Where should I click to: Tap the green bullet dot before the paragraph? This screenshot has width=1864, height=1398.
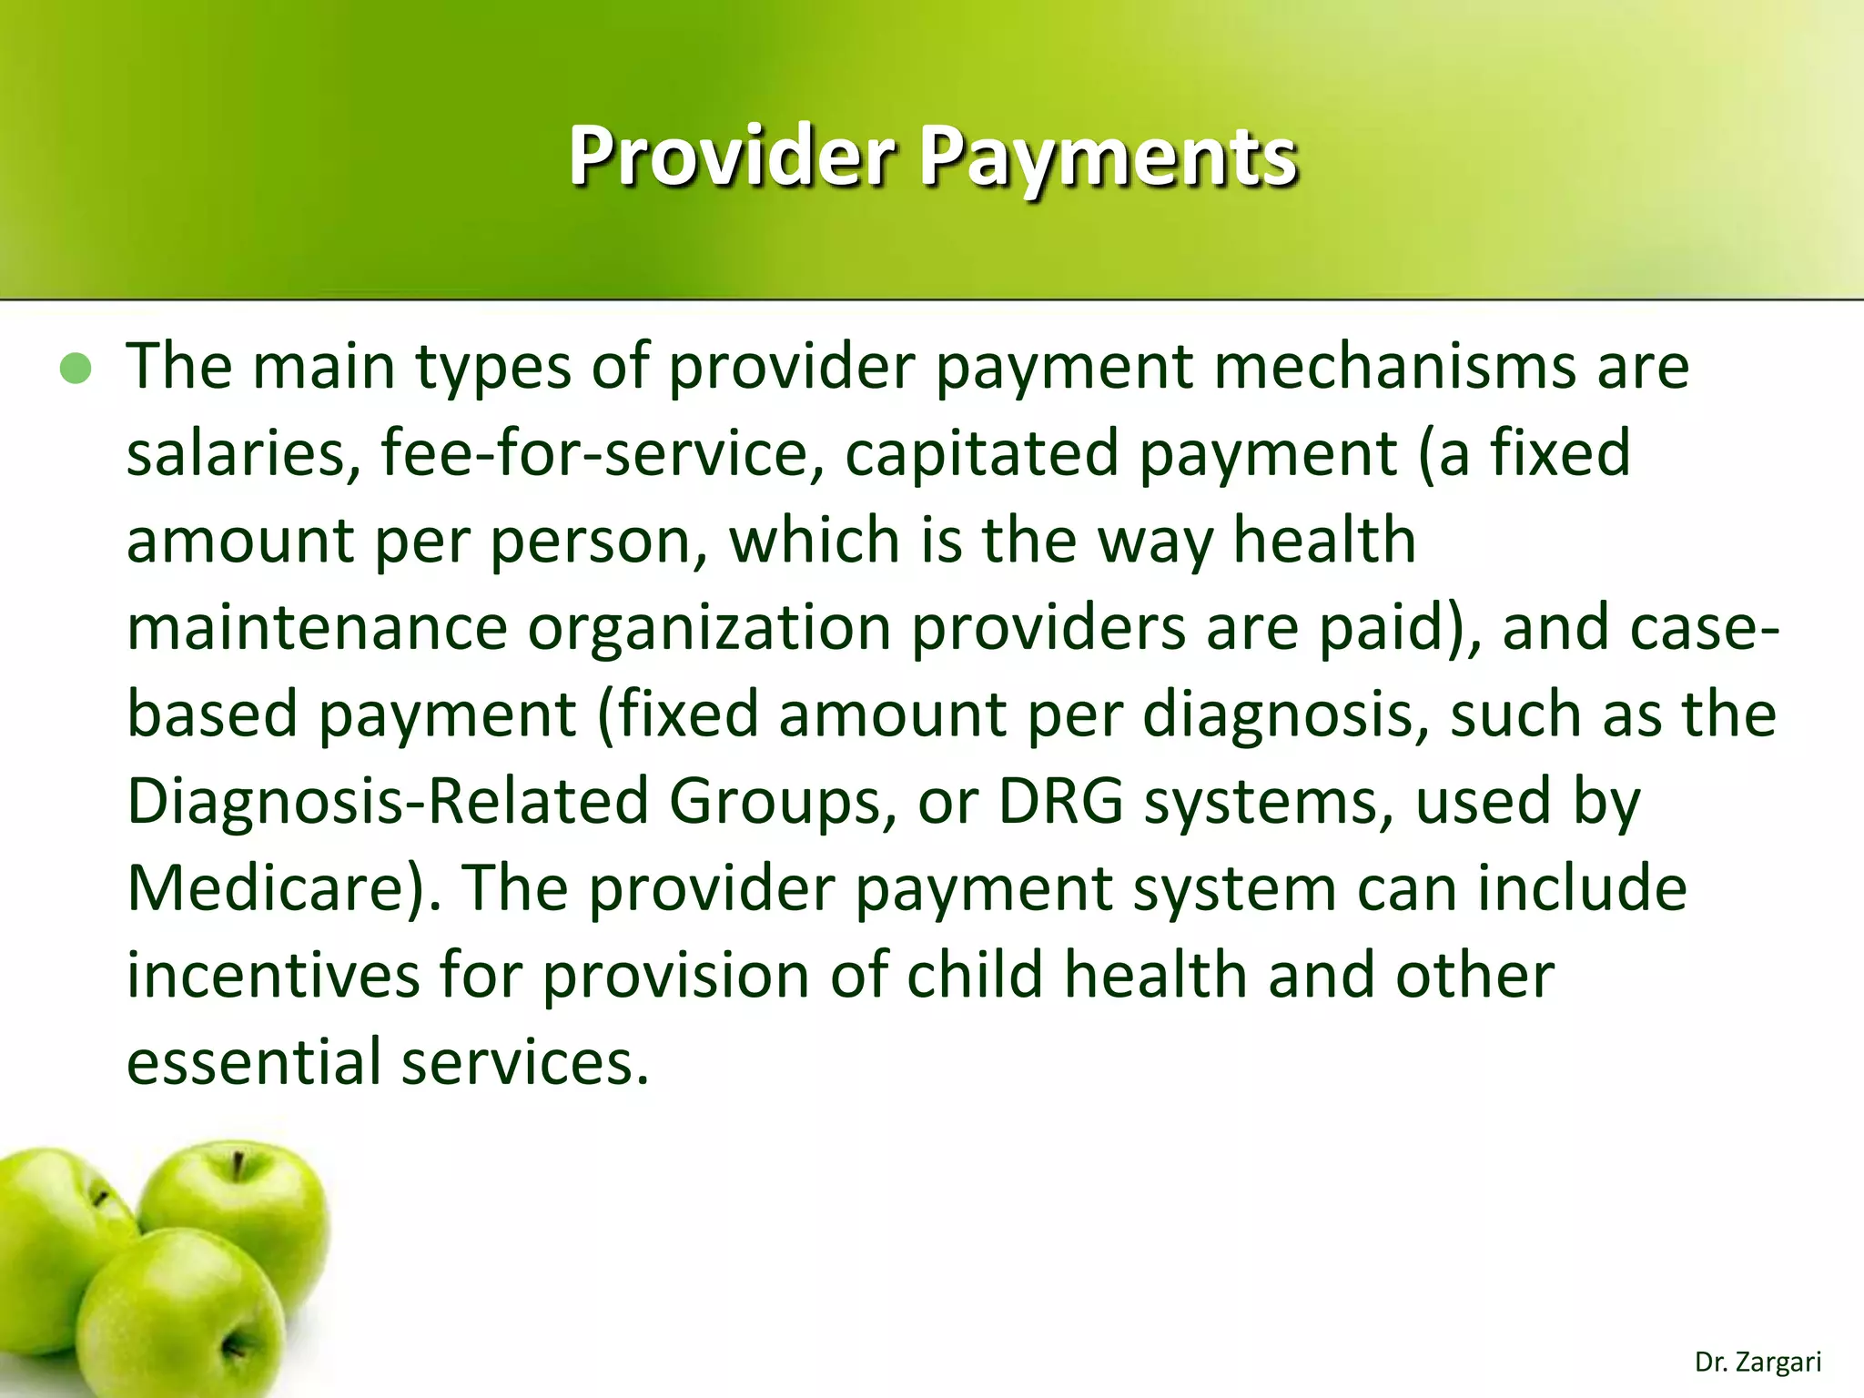(76, 369)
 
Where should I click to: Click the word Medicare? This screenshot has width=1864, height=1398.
(274, 888)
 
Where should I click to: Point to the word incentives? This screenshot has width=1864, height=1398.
(272, 975)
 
